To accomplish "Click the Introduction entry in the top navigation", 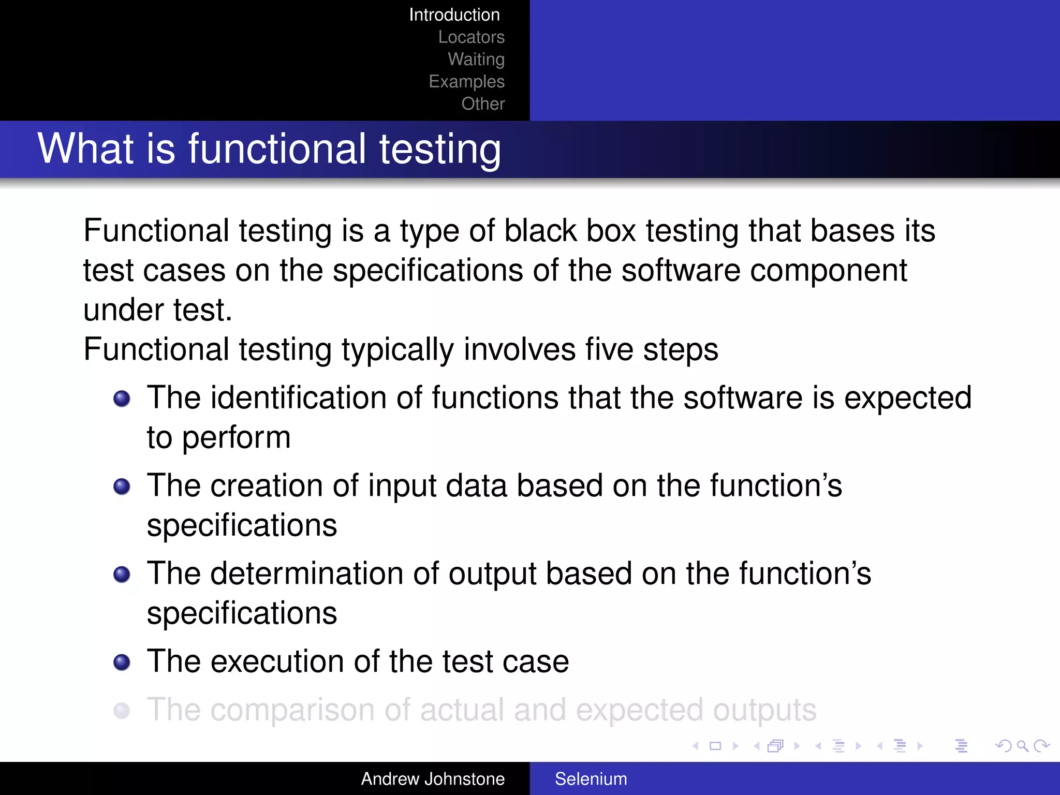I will point(454,15).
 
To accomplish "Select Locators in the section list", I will point(471,37).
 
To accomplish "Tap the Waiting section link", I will point(476,60).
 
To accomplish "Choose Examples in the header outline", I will point(466,82).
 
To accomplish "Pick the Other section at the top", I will point(483,104).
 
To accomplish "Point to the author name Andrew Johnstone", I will point(433,779).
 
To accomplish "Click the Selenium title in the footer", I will point(591,779).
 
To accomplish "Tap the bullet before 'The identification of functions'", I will point(122,399).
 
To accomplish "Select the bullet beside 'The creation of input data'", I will point(122,487).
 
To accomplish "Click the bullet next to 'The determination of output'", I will point(122,575).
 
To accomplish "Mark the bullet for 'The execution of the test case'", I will point(122,662).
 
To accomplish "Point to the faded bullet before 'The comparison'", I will point(122,711).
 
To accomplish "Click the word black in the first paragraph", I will point(540,231).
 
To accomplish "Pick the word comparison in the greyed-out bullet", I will point(292,711).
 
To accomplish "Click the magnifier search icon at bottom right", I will point(1022,746).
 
